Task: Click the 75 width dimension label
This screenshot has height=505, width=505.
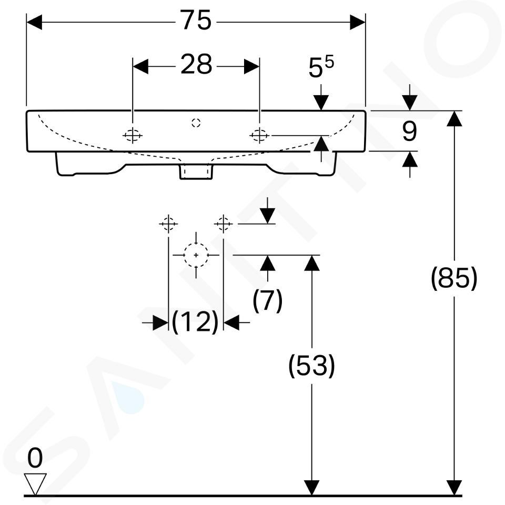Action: tap(196, 20)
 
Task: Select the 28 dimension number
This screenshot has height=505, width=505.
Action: tap(196, 64)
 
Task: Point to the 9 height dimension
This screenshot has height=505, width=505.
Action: tap(409, 131)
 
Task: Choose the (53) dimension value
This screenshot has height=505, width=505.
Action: tap(312, 366)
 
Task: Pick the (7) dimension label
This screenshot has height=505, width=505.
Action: tap(268, 300)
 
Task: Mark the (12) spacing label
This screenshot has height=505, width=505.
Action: tap(195, 322)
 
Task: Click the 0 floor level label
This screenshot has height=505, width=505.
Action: tap(35, 458)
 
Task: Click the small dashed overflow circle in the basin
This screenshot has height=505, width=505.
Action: tap(196, 123)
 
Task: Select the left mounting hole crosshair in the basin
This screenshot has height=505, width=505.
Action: tap(133, 136)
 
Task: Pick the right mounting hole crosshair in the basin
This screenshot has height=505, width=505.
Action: tap(259, 136)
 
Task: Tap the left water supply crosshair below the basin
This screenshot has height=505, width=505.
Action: tap(168, 223)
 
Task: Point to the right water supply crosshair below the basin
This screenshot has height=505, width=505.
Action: tap(224, 223)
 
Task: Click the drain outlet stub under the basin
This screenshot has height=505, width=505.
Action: tap(196, 171)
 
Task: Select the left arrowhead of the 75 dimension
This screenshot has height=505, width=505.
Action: tap(34, 22)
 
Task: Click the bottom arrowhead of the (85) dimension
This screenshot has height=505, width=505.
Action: tap(454, 488)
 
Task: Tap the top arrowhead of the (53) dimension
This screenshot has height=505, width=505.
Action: tap(312, 263)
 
